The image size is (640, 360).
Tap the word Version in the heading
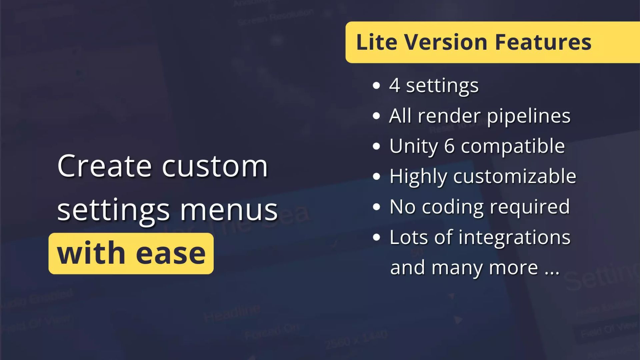click(446, 42)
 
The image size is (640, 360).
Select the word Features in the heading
click(543, 42)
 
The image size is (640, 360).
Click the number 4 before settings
click(395, 85)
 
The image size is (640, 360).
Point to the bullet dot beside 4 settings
click(376, 86)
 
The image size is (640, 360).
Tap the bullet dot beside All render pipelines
click(376, 116)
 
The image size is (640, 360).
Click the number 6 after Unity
click(449, 146)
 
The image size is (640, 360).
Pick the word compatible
click(513, 146)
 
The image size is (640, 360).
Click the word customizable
click(515, 176)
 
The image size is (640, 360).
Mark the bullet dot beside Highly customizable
click(376, 177)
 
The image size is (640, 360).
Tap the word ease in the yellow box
click(171, 254)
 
